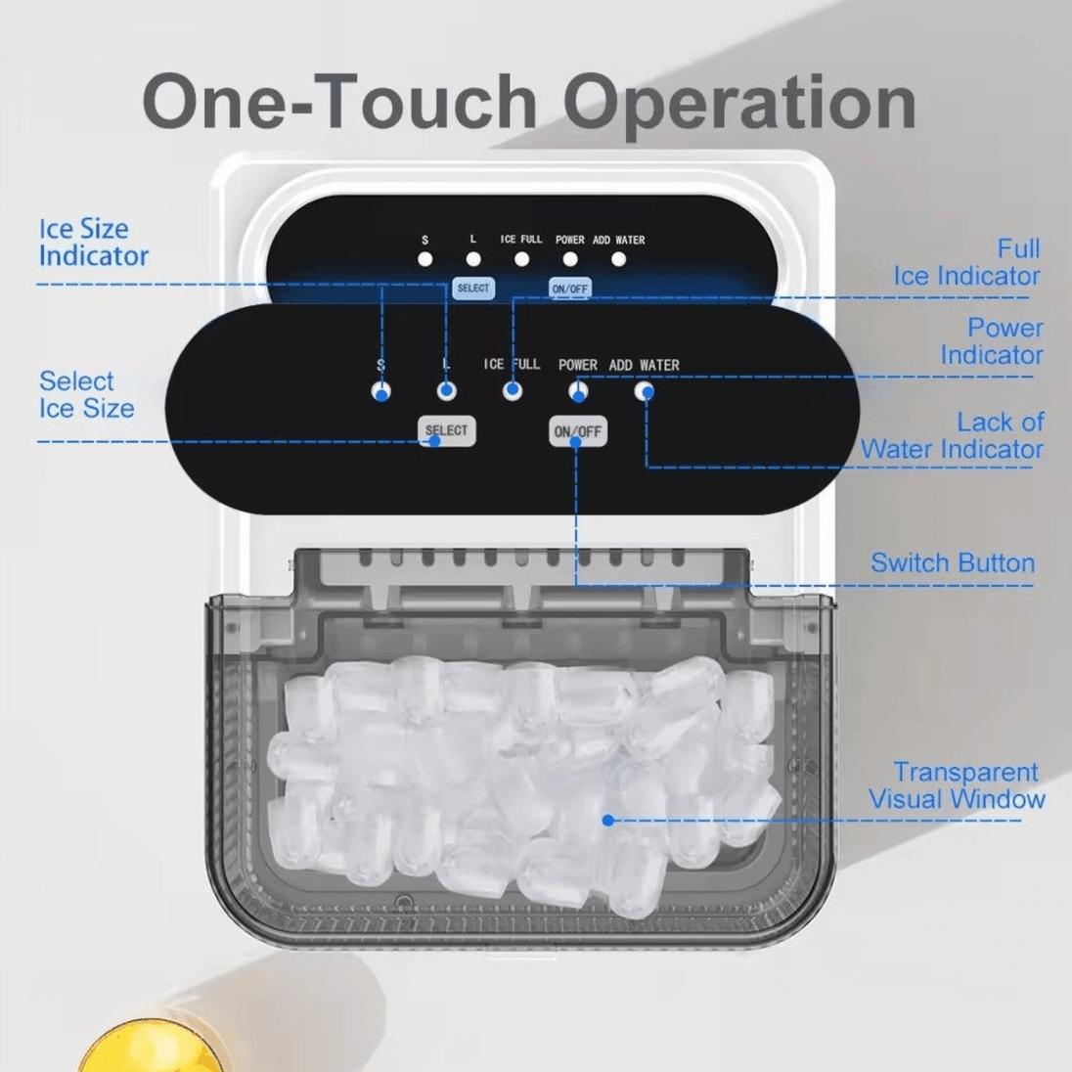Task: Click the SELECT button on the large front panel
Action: (446, 430)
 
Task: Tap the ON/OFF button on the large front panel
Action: (578, 431)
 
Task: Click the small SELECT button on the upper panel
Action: (473, 289)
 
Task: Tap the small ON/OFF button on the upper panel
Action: (569, 289)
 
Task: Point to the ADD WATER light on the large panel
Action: (644, 391)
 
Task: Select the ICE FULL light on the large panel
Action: (513, 391)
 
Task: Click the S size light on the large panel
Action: (380, 392)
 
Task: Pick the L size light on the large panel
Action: (446, 391)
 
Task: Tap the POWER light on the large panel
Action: (578, 391)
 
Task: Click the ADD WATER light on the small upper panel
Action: (619, 259)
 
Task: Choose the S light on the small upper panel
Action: (425, 259)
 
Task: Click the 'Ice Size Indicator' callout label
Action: (93, 243)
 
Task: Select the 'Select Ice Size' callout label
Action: (86, 394)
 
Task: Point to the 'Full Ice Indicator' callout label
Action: (966, 262)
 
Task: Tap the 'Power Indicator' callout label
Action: (992, 341)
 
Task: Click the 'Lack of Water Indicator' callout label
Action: (953, 435)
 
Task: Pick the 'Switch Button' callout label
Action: (953, 562)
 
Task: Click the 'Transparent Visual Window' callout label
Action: (957, 785)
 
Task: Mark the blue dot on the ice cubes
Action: (607, 820)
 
